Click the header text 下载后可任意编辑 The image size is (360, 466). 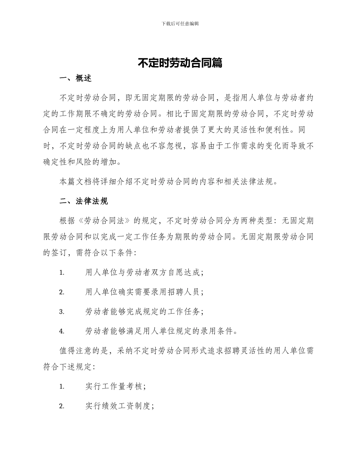[180, 23]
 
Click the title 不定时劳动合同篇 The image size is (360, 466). [180, 63]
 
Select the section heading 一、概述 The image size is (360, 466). [75, 78]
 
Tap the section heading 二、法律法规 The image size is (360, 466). [83, 201]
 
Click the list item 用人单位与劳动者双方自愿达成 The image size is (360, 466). [144, 272]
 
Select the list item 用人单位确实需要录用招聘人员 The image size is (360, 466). [144, 292]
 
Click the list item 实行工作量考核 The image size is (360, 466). [115, 386]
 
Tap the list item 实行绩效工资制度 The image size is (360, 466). [119, 406]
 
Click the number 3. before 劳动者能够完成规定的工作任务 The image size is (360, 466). [62, 312]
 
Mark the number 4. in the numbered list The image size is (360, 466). [62, 332]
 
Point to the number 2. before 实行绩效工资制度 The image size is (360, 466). [62, 407]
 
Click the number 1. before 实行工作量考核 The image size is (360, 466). [62, 387]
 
